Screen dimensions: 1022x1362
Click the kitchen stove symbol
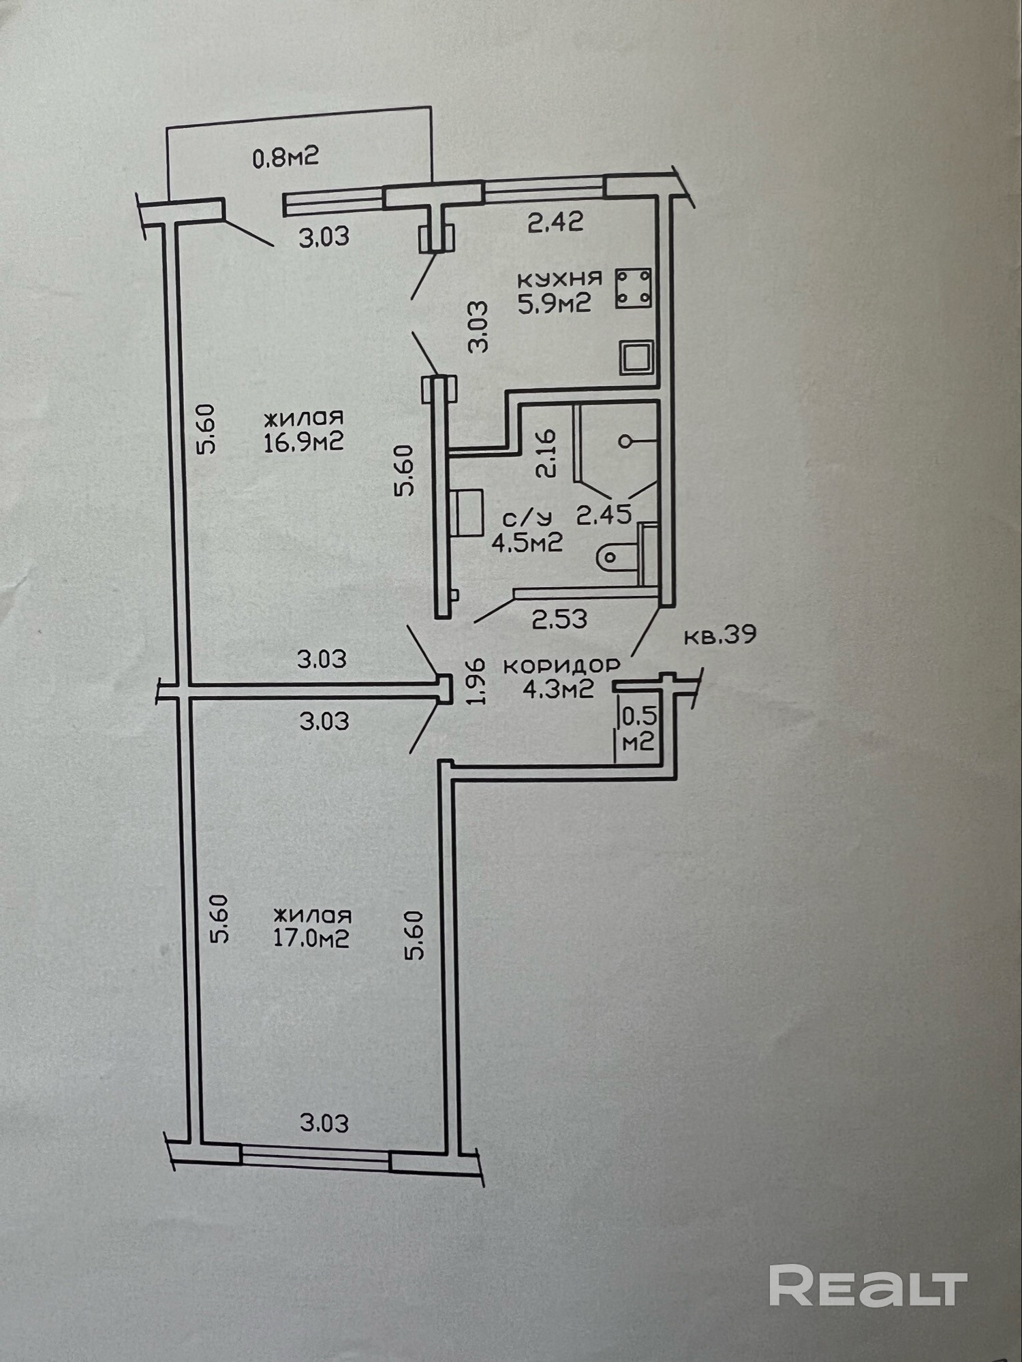pyautogui.click(x=633, y=287)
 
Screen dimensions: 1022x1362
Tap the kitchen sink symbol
pyautogui.click(x=636, y=358)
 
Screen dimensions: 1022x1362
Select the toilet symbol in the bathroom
pyautogui.click(x=617, y=557)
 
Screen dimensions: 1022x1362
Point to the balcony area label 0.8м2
pyautogui.click(x=285, y=158)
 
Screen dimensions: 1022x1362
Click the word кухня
pyautogui.click(x=559, y=279)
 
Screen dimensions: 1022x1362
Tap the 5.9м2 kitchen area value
pyautogui.click(x=554, y=303)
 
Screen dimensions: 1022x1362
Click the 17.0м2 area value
pyautogui.click(x=311, y=938)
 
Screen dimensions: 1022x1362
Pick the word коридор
pyautogui.click(x=561, y=665)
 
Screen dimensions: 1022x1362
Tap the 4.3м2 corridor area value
pyautogui.click(x=558, y=689)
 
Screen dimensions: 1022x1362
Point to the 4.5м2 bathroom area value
pyautogui.click(x=527, y=543)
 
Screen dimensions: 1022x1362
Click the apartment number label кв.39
pyautogui.click(x=719, y=635)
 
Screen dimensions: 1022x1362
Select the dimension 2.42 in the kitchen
pyautogui.click(x=555, y=222)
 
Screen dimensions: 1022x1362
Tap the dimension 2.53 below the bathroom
pyautogui.click(x=559, y=619)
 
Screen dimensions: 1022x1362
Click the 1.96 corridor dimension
pyautogui.click(x=476, y=681)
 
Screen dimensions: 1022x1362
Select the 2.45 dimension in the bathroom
pyautogui.click(x=604, y=515)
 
